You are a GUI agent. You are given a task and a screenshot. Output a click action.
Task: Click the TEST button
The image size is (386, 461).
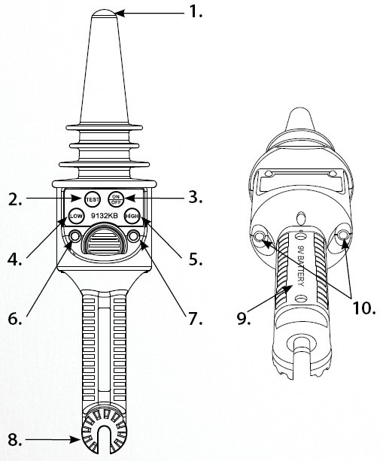(92, 199)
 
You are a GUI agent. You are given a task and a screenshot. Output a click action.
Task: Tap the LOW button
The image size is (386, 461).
(75, 216)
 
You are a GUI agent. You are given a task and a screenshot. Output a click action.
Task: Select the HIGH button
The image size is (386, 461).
(132, 216)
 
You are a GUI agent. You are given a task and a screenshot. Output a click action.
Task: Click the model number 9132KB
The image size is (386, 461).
(104, 216)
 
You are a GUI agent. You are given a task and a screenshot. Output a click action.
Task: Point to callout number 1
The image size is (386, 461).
(196, 12)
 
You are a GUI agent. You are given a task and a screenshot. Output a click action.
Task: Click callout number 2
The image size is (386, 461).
(15, 199)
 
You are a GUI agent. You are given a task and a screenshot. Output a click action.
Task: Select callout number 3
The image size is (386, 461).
(196, 197)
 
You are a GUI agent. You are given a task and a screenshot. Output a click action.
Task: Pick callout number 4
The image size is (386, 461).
(14, 259)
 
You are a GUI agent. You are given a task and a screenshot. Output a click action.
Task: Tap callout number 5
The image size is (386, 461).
(196, 259)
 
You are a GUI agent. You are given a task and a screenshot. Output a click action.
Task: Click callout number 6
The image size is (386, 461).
(15, 319)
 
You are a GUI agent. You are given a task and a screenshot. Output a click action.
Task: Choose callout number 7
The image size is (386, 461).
(196, 319)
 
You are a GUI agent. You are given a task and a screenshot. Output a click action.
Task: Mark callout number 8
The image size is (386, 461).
(15, 440)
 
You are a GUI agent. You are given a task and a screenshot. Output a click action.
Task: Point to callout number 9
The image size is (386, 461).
(244, 319)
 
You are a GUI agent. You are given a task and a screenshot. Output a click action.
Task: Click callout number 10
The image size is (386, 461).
(364, 308)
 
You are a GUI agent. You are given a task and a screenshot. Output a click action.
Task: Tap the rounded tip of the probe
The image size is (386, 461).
(105, 14)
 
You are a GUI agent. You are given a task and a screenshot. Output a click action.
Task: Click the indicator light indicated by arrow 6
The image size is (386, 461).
(74, 236)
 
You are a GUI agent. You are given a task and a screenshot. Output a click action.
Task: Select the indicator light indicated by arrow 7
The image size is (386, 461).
(134, 236)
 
